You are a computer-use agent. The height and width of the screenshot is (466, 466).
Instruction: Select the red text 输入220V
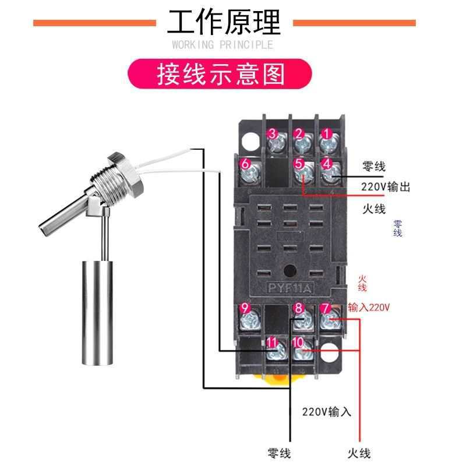pos(369,307)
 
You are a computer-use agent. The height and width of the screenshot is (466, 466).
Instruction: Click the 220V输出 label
pos(386,187)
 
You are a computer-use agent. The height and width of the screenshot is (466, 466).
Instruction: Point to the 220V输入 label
pos(327,412)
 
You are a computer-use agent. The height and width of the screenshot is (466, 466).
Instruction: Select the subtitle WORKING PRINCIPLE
pos(223,45)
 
